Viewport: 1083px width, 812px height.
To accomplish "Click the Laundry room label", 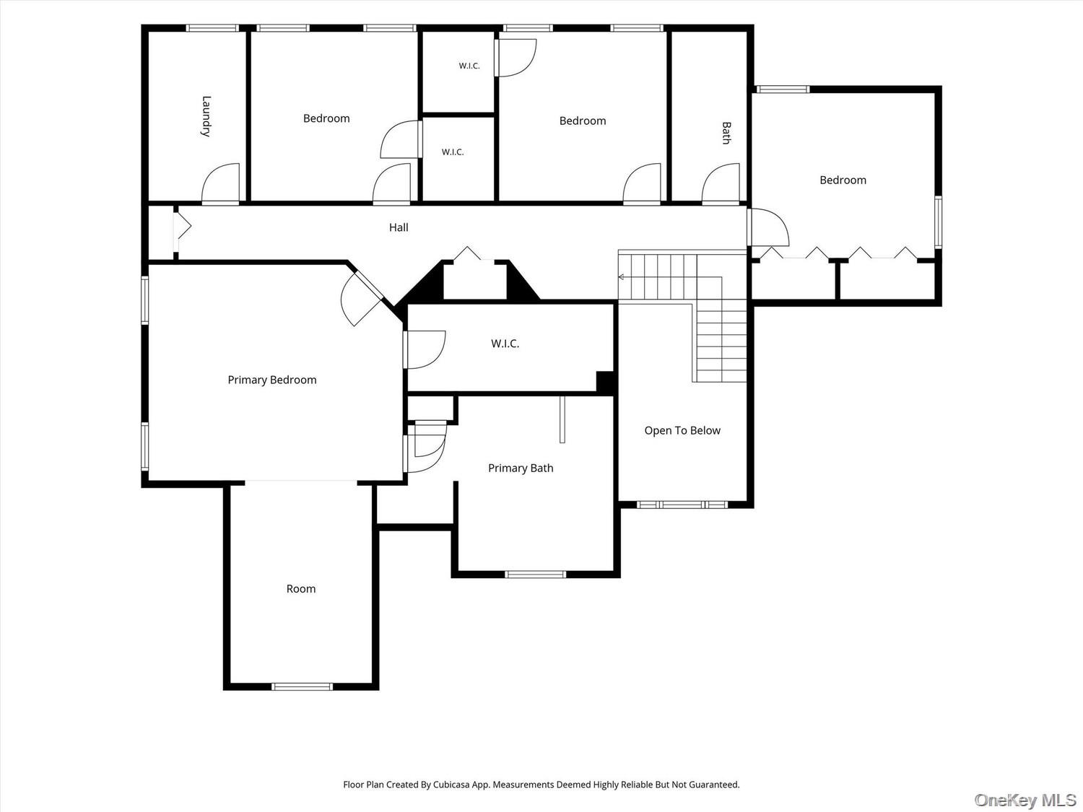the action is coord(206,116).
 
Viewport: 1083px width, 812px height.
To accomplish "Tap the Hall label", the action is coord(399,227).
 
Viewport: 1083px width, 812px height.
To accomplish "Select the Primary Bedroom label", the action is coord(272,380).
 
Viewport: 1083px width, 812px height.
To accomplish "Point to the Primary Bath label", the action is coord(521,468).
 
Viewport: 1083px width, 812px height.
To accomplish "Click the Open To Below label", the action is coord(682,431).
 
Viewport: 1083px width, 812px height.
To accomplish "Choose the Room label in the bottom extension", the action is coord(301,589).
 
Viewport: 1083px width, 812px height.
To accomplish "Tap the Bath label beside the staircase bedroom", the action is coord(726,133).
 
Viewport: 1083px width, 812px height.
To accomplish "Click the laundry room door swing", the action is coord(220,183).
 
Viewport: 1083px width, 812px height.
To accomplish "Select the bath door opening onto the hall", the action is coord(721,183).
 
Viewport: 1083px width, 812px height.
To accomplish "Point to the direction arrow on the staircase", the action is coord(621,277).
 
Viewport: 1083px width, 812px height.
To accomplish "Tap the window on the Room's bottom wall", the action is coord(303,686).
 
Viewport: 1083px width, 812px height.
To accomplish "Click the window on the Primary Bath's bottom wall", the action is coord(535,574).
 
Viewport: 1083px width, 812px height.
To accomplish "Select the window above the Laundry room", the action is coord(212,28).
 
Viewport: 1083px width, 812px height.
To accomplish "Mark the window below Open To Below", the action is coord(682,505).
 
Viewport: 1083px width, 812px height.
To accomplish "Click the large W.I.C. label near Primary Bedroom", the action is coord(505,344).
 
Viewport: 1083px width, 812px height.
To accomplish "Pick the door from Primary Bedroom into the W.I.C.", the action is coord(425,349).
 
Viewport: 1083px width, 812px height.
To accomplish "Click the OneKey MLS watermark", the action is coord(1025,800).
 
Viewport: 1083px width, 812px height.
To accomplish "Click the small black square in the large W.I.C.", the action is coord(605,382).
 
